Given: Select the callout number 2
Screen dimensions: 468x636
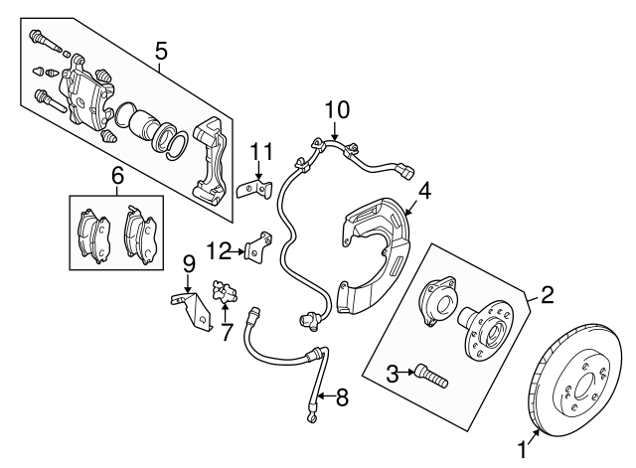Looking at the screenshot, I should [546, 294].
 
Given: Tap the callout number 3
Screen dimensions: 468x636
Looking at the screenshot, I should [393, 373].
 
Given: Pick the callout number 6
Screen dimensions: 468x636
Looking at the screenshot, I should [116, 176].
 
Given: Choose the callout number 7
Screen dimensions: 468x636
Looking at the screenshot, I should [226, 331].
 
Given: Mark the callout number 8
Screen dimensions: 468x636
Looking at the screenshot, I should [342, 398].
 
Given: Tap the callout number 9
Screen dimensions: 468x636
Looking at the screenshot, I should [188, 264].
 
